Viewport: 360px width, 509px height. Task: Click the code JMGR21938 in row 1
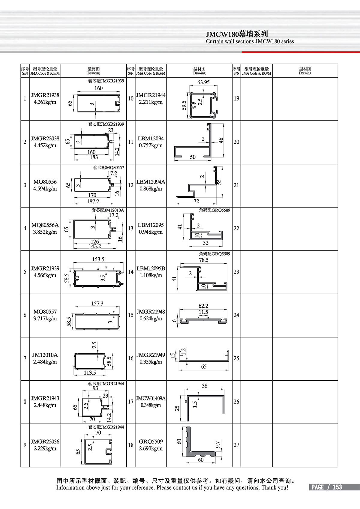click(45, 95)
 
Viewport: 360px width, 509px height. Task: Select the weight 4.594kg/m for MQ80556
click(45, 189)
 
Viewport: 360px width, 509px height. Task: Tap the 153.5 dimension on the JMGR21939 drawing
click(98, 259)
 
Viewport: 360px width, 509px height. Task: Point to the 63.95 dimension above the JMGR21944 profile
click(203, 82)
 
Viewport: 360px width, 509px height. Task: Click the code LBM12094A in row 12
click(151, 182)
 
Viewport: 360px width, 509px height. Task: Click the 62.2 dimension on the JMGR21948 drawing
click(203, 306)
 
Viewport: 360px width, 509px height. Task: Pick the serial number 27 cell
click(236, 445)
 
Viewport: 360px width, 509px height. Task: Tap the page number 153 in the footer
click(337, 487)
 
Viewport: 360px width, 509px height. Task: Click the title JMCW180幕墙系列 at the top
click(237, 34)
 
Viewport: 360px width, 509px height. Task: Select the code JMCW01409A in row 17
click(151, 399)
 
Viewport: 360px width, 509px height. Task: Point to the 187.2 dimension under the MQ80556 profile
click(93, 202)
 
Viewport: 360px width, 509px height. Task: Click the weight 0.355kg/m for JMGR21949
click(151, 362)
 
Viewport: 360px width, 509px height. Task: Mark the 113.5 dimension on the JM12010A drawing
click(90, 373)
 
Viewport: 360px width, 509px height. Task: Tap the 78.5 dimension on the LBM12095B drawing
click(204, 260)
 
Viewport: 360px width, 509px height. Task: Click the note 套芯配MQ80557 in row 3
click(109, 168)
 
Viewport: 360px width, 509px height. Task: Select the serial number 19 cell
click(236, 99)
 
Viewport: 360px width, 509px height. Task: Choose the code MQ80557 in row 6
click(45, 312)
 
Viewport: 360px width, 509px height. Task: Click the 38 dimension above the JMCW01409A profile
click(204, 386)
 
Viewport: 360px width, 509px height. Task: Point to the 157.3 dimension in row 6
click(97, 304)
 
